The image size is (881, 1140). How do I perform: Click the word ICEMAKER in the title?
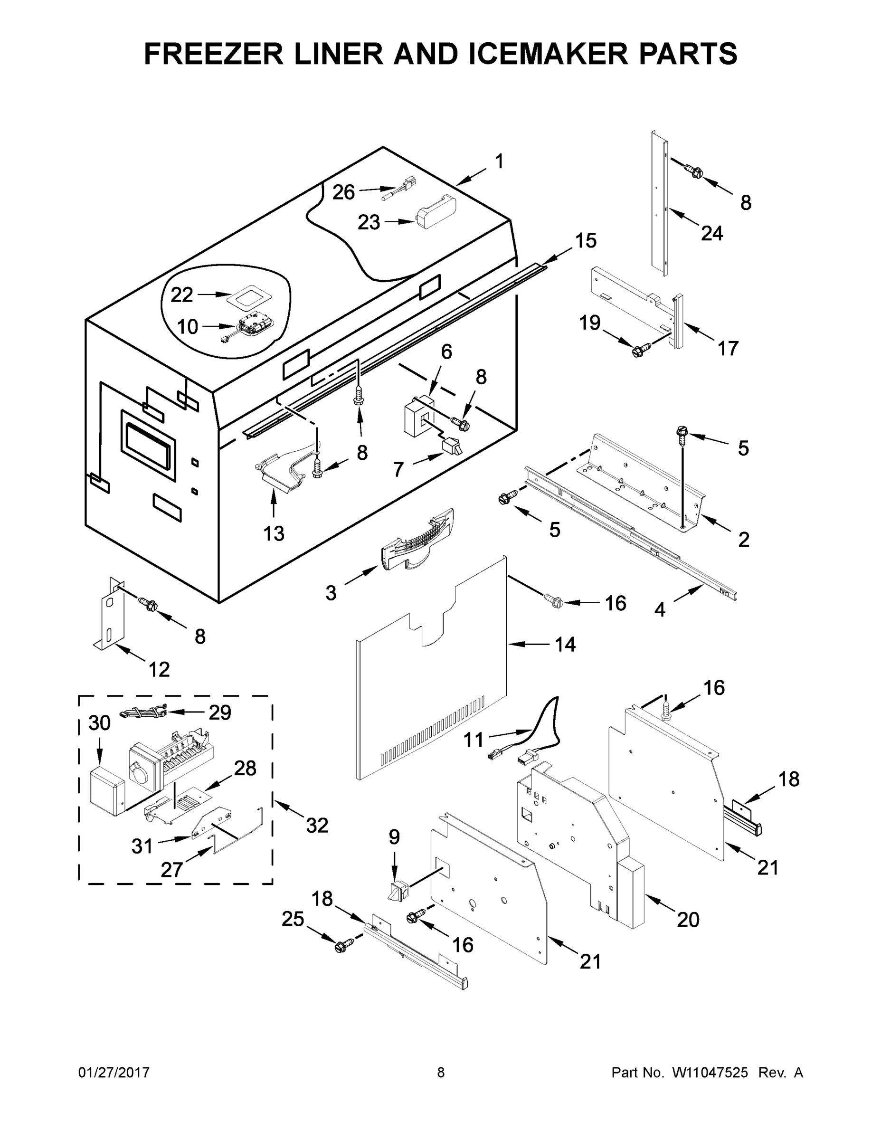click(x=549, y=54)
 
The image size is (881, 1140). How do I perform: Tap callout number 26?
click(x=343, y=192)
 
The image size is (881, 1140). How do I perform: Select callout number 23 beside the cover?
click(x=369, y=222)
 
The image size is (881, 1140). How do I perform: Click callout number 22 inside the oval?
click(x=181, y=295)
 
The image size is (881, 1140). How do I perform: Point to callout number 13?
click(x=274, y=533)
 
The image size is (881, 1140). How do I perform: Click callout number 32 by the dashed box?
click(x=317, y=825)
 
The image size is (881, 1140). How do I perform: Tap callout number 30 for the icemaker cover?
click(x=99, y=723)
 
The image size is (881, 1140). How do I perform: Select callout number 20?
click(x=688, y=919)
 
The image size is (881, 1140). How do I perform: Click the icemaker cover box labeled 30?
click(x=107, y=791)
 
